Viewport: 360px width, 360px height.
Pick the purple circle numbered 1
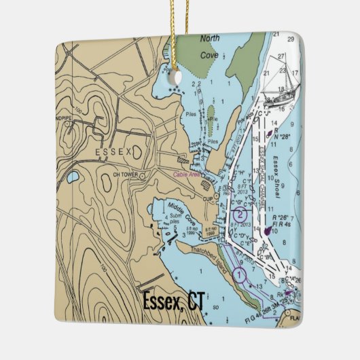tap(238, 274)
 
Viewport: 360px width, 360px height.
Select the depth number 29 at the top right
tap(292, 39)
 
